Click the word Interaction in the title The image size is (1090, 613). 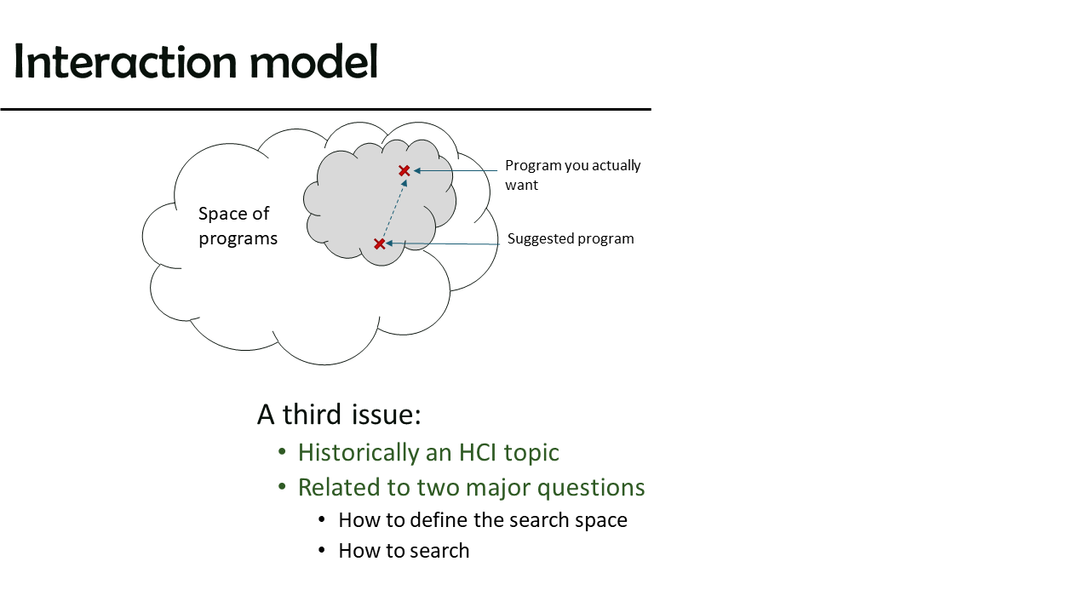(125, 61)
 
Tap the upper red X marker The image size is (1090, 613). (404, 171)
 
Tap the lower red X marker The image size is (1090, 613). (380, 243)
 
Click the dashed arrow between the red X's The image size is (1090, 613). (393, 209)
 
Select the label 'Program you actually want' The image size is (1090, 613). (573, 175)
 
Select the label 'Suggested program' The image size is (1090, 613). (571, 238)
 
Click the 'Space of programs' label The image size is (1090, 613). (238, 226)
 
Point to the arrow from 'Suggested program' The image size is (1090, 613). (442, 243)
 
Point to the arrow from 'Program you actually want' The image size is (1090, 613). (456, 170)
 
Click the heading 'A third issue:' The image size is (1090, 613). (339, 415)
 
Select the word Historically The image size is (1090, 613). (359, 453)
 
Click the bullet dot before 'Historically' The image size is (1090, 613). (282, 452)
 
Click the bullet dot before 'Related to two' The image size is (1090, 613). (282, 486)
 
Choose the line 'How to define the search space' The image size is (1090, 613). (483, 520)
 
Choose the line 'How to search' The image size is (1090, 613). (404, 551)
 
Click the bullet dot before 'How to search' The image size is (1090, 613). (322, 550)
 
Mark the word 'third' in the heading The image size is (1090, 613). (312, 415)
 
